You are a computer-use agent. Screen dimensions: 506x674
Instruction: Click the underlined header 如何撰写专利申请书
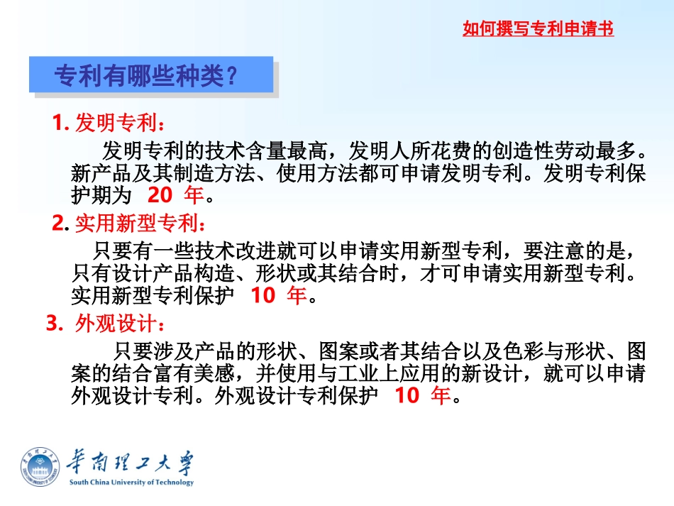[x=538, y=29]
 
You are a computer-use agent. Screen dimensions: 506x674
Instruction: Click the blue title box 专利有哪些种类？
[x=150, y=75]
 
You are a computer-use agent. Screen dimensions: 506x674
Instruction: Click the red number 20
[x=161, y=194]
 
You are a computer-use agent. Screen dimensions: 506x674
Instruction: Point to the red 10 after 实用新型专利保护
[x=263, y=295]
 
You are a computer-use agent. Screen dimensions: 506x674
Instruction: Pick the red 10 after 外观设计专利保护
[x=407, y=395]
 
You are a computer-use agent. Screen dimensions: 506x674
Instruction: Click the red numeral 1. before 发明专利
[x=60, y=123]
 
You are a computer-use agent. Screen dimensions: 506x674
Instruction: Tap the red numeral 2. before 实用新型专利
[x=60, y=224]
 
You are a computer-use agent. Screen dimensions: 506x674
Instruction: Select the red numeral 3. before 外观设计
[x=53, y=324]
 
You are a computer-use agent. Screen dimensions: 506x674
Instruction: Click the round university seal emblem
[x=40, y=466]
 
